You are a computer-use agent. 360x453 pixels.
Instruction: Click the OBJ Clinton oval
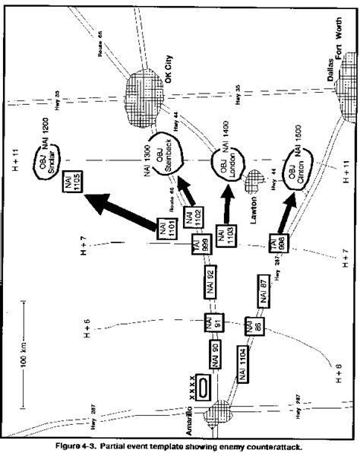pos(293,173)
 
